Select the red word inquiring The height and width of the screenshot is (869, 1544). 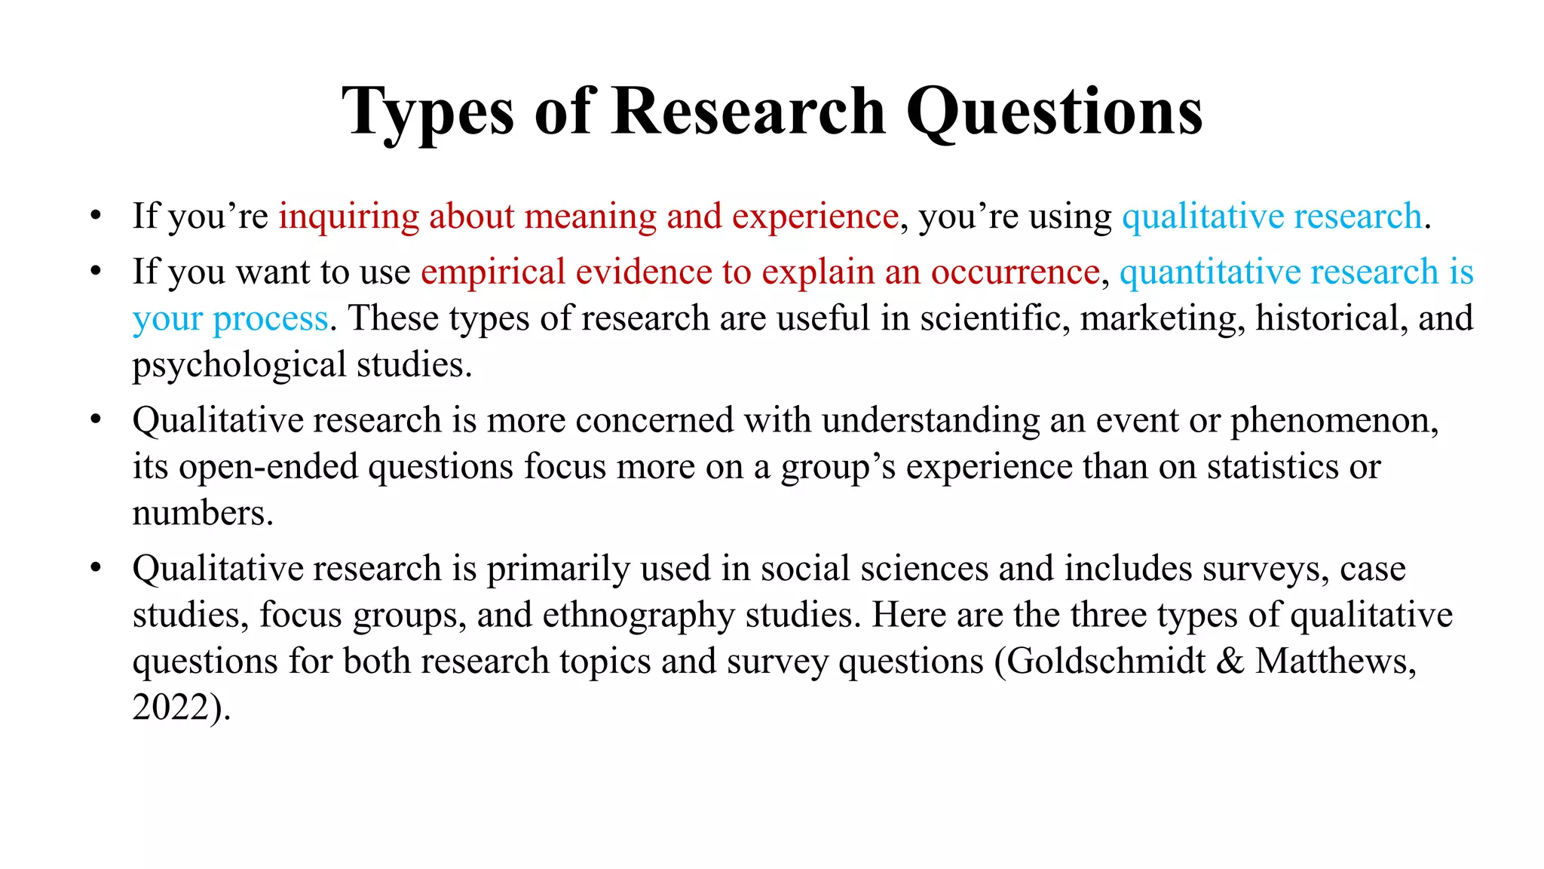coord(348,217)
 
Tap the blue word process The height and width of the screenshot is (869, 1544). coord(270,319)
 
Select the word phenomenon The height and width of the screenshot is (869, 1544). coord(1334,421)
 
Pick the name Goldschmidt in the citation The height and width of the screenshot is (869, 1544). coord(1106,662)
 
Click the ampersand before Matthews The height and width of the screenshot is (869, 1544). coord(1230,662)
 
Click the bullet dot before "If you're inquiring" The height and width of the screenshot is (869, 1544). coord(95,216)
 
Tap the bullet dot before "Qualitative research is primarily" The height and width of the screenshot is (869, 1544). coord(95,569)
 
